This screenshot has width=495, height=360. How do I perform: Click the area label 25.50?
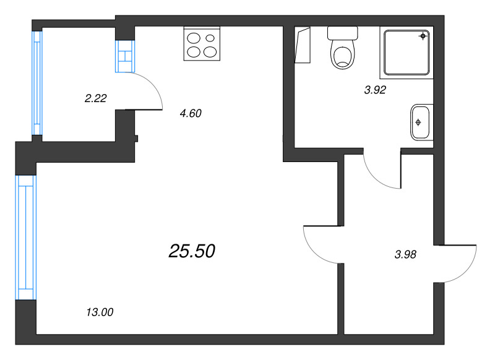(192, 251)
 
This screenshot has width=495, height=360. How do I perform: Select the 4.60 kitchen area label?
(190, 113)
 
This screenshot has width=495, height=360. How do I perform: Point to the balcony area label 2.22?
(95, 96)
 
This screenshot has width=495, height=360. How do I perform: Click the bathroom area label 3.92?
(375, 90)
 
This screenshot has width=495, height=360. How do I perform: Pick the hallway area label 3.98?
(406, 253)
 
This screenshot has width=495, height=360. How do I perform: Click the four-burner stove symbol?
(202, 43)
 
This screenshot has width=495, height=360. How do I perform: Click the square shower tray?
(406, 52)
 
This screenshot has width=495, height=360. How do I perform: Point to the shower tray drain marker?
(423, 36)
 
